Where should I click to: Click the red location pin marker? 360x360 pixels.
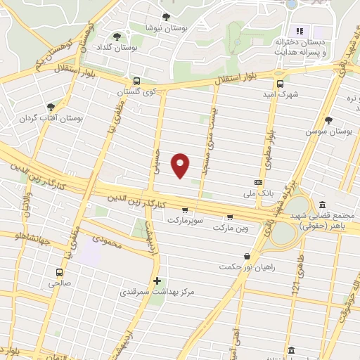click(x=181, y=165)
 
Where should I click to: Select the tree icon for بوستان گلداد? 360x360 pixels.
click(x=116, y=37)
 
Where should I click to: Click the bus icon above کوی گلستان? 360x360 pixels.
click(x=136, y=81)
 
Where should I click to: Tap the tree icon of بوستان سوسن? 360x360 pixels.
click(x=328, y=120)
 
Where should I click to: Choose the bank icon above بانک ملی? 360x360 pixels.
click(x=258, y=181)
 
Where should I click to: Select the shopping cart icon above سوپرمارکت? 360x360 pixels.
click(x=185, y=210)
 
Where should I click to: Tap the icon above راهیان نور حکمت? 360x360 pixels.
click(x=245, y=257)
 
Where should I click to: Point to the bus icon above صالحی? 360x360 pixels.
click(x=59, y=272)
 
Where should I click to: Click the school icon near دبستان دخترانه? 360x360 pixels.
click(x=299, y=31)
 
